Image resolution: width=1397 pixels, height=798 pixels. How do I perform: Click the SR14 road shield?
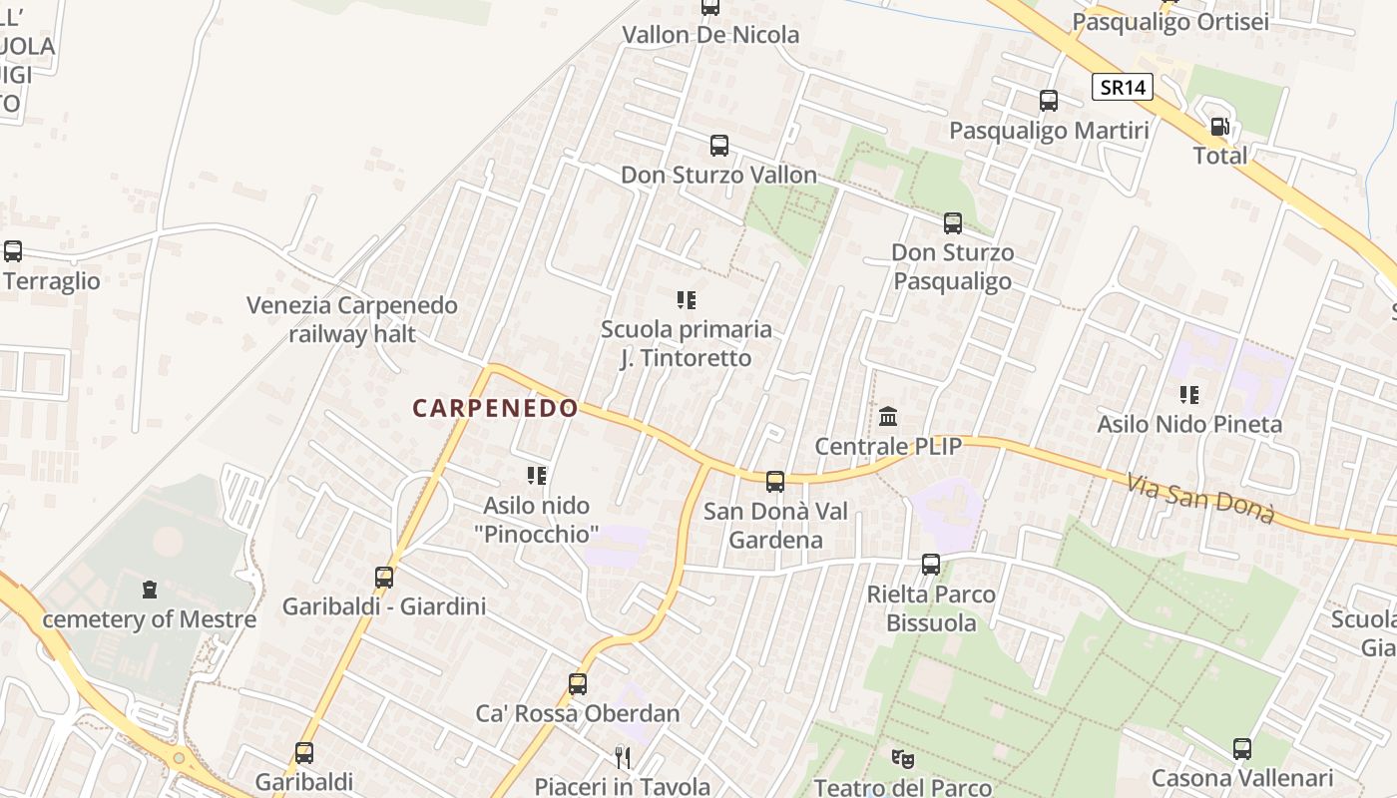tap(1123, 88)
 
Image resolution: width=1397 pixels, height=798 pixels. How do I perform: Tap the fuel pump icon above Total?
tap(1219, 127)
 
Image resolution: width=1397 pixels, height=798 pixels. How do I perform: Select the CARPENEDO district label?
tap(495, 408)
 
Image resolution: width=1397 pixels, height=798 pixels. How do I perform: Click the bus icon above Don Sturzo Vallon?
tap(718, 146)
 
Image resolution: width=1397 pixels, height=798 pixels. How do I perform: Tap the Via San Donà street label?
tap(1201, 499)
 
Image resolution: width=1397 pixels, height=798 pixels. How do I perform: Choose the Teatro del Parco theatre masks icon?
tap(903, 759)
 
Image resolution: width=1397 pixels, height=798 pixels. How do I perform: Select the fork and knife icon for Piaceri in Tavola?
tap(623, 758)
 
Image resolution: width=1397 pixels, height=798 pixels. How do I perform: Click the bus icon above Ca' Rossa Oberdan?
tap(577, 684)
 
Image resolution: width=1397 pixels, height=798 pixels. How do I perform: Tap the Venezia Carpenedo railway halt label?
tap(352, 319)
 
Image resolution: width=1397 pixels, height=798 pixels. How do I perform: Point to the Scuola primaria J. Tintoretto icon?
tap(686, 300)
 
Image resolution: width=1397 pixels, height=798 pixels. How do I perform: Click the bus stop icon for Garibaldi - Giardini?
tap(384, 577)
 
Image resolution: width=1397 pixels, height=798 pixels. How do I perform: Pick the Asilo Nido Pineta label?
tap(1189, 424)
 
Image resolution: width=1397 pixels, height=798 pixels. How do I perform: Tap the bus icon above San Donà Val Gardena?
tap(775, 483)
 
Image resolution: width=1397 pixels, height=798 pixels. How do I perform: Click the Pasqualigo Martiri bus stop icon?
tap(1049, 101)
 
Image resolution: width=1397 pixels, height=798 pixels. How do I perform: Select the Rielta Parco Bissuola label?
tap(931, 608)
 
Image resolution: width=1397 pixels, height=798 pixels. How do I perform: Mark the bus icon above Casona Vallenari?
tap(1242, 749)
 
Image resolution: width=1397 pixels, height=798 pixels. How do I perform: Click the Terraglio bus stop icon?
tap(13, 252)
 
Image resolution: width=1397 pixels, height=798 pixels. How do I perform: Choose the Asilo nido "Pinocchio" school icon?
tap(537, 477)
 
